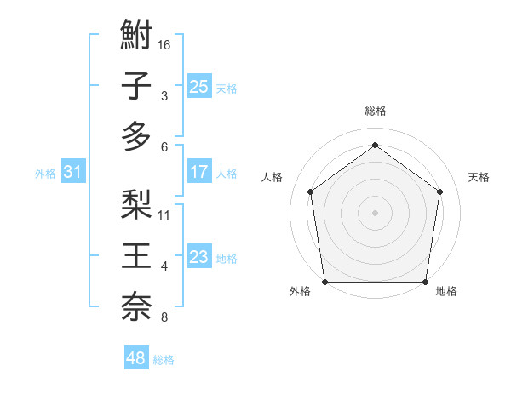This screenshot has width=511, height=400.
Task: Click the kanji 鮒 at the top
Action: click(x=136, y=37)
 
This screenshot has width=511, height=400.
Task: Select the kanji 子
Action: click(x=136, y=86)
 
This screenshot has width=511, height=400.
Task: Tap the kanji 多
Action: click(x=136, y=136)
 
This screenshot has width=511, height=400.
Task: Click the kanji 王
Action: click(x=136, y=256)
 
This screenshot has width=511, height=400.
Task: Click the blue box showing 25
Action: click(x=198, y=87)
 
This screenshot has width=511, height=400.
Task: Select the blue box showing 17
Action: click(x=198, y=172)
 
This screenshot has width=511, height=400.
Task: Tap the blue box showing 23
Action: click(x=198, y=257)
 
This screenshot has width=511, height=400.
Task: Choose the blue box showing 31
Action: click(x=72, y=173)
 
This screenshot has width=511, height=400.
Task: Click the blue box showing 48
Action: click(x=135, y=358)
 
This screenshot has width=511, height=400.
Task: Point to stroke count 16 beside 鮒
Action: click(x=165, y=44)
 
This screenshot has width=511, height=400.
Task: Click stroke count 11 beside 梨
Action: click(x=165, y=214)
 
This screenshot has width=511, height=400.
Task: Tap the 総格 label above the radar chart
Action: click(x=375, y=111)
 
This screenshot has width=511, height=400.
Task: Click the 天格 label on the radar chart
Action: click(x=479, y=177)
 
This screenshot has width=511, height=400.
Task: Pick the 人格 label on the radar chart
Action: click(x=273, y=177)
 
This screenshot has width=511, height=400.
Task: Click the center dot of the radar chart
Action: click(x=375, y=212)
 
